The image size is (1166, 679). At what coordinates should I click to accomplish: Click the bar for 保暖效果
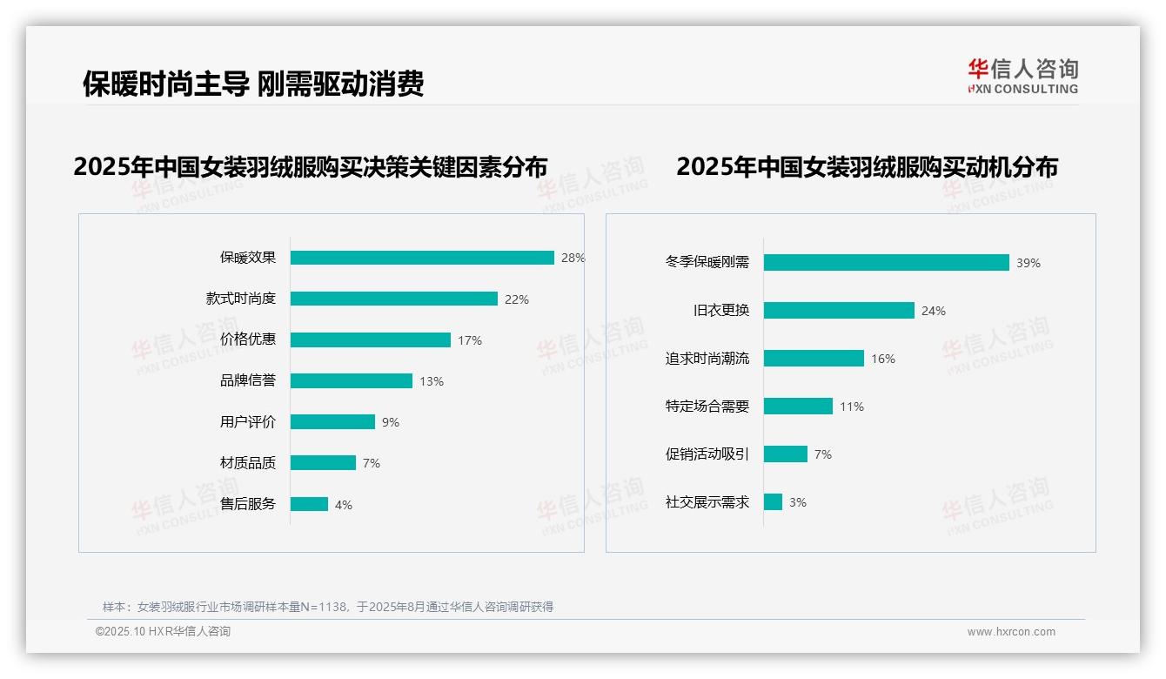422,258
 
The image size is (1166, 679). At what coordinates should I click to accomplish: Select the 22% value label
517,299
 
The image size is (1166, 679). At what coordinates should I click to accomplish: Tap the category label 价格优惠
247,339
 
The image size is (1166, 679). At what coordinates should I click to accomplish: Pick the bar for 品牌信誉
352,380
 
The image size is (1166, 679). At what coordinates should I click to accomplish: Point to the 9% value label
391,422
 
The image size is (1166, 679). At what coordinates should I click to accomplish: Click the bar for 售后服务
309,504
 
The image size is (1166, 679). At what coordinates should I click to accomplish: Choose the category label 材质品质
247,463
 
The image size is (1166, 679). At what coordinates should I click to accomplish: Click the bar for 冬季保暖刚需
886,263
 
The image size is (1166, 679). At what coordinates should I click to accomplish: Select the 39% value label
1029,263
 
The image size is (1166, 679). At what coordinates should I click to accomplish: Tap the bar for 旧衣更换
839,311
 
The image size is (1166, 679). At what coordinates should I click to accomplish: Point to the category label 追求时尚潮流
707,359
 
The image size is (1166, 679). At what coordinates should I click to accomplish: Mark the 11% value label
852,407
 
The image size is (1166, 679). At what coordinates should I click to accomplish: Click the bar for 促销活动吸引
786,454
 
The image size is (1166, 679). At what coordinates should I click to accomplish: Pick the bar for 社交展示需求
773,502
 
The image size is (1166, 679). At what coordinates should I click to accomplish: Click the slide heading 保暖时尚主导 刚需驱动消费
253,84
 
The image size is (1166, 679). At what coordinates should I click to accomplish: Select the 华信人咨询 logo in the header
1022,76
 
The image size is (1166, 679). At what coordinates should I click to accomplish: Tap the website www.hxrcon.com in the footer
1011,632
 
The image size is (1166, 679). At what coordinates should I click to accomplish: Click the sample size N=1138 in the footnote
323,607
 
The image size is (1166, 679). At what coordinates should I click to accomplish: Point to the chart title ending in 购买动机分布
867,166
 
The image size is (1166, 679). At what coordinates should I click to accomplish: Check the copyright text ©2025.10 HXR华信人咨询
163,632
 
